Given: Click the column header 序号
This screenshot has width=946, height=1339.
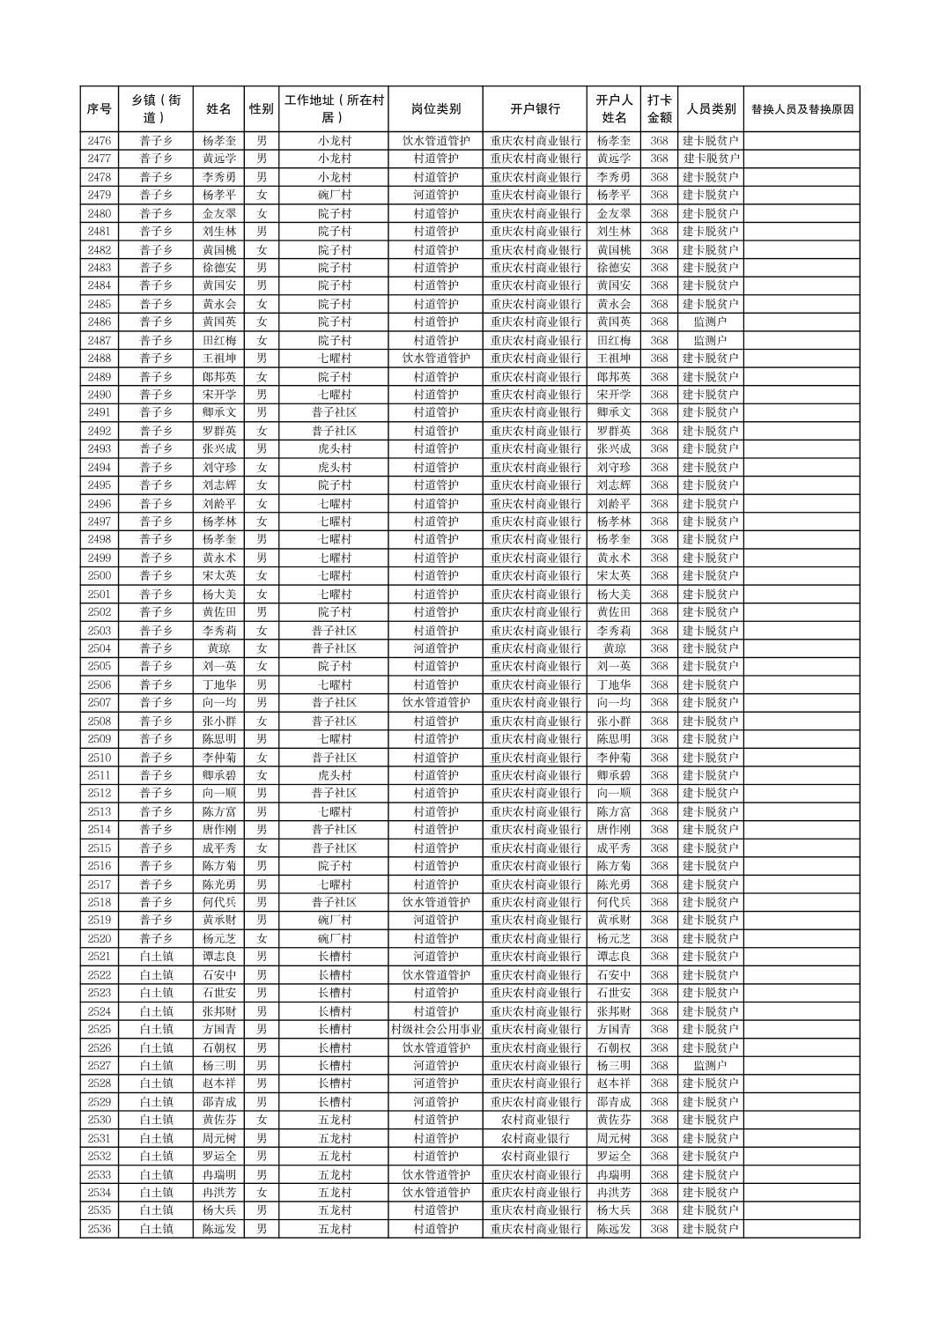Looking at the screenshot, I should pyautogui.click(x=100, y=109).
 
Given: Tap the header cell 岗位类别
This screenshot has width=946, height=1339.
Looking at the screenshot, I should pyautogui.click(x=435, y=109).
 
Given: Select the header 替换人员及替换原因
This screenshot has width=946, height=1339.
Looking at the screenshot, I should pyautogui.click(x=801, y=109).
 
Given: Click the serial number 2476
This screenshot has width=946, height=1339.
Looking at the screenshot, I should pyautogui.click(x=100, y=141).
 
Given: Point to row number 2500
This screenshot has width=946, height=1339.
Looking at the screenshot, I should pyautogui.click(x=100, y=576).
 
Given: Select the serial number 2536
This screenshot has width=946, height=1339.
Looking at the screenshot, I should pyautogui.click(x=100, y=1229).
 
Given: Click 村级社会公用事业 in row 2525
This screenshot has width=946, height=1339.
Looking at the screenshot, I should pyautogui.click(x=435, y=1030).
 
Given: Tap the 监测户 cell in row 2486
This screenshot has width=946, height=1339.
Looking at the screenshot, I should pyautogui.click(x=710, y=322).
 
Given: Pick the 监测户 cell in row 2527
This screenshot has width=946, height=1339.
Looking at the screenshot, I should pyautogui.click(x=710, y=1066).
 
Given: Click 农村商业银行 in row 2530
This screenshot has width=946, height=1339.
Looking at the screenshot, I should pyautogui.click(x=535, y=1120).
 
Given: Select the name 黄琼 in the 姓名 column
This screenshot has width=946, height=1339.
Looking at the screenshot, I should pyautogui.click(x=218, y=648).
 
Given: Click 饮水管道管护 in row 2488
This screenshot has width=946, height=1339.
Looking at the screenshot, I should pyautogui.click(x=435, y=359).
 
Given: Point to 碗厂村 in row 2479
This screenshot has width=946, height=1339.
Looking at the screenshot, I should pyautogui.click(x=334, y=195).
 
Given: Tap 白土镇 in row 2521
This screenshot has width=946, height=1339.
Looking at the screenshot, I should pyautogui.click(x=156, y=957).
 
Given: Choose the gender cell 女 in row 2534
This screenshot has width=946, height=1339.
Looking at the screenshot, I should pyautogui.click(x=262, y=1193).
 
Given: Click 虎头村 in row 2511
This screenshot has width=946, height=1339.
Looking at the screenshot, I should pyautogui.click(x=334, y=775).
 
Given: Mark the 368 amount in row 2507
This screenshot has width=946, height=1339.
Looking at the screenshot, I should pyautogui.click(x=659, y=703).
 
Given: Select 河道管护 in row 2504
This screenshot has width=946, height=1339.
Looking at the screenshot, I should pyautogui.click(x=435, y=648).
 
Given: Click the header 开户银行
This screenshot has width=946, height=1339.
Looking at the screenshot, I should pyautogui.click(x=535, y=109).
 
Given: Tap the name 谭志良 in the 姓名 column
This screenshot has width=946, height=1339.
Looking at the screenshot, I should pyautogui.click(x=218, y=957).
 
